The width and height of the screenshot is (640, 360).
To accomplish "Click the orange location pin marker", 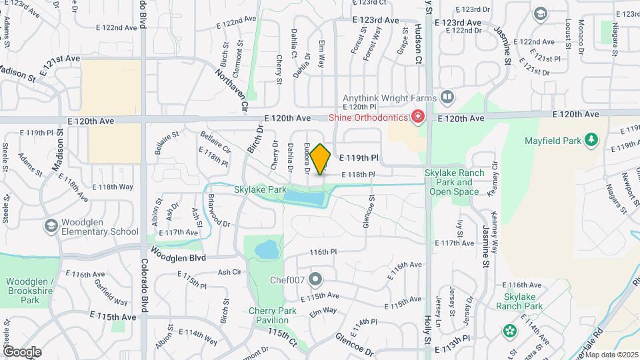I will click(321, 159).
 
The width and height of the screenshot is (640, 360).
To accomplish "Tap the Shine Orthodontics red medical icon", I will click(418, 117).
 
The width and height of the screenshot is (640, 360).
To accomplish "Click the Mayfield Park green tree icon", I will click(590, 139).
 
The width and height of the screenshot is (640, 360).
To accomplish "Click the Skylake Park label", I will click(260, 190).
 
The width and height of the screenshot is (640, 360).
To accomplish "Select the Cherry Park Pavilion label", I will click(269, 315).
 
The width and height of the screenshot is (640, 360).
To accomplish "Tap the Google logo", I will click(22, 351).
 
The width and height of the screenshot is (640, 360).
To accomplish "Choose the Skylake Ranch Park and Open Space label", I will click(455, 182).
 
